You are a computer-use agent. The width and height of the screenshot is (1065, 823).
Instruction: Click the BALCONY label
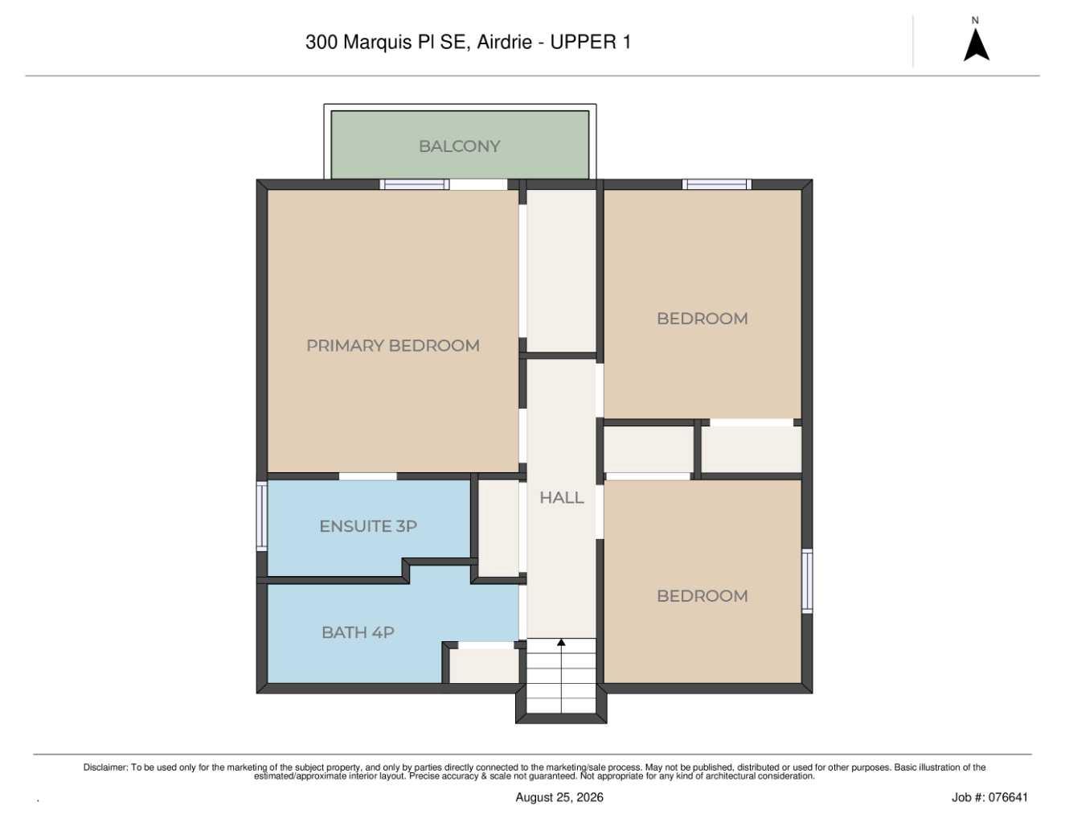click(x=459, y=146)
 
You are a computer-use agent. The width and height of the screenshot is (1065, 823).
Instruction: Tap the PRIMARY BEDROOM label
click(x=393, y=346)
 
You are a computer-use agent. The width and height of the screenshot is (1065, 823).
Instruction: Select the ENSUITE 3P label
click(x=368, y=526)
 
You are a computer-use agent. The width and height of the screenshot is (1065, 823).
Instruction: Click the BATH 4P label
click(x=358, y=632)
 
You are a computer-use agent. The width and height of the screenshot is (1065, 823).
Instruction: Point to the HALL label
click(x=562, y=498)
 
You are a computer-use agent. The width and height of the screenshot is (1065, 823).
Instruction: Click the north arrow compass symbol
click(x=977, y=44)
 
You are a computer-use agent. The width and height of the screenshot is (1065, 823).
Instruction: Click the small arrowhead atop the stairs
click(x=561, y=642)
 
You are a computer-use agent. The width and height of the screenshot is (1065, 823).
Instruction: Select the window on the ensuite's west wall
click(x=262, y=516)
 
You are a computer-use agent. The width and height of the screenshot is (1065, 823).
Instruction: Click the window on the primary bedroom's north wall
click(x=414, y=184)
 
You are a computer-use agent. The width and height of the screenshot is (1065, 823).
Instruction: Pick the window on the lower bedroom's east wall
click(x=807, y=581)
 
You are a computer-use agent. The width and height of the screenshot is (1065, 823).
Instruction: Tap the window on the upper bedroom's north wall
click(x=717, y=184)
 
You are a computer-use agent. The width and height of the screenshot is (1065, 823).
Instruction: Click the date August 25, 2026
click(x=559, y=797)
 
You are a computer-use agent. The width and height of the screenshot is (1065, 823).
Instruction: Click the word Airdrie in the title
click(x=504, y=42)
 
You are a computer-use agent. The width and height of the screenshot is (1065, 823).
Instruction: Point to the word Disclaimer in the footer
click(x=105, y=767)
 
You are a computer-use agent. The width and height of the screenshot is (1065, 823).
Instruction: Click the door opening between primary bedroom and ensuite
click(x=368, y=476)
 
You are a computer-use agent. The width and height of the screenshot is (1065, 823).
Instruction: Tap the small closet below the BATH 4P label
click(x=484, y=665)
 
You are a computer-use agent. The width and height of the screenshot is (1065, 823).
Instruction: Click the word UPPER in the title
click(x=584, y=42)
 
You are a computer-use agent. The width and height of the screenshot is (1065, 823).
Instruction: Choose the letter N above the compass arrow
click(x=975, y=21)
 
